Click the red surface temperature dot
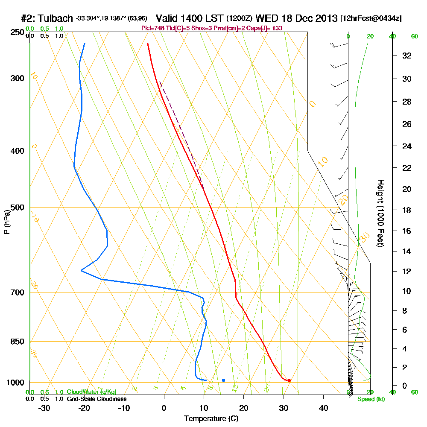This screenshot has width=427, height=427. click(289, 380)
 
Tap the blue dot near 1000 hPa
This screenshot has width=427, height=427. click(223, 380)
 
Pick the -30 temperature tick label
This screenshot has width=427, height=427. click(44, 408)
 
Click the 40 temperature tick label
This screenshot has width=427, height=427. click(323, 408)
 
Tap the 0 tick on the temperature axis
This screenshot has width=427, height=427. click(164, 408)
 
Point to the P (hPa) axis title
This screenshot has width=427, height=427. click(6, 222)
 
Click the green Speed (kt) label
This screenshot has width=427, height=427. click(371, 399)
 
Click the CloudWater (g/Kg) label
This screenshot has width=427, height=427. click(91, 392)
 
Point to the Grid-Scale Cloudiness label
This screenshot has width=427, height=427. click(96, 399)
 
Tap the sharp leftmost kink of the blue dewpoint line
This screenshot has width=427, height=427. click(81, 271)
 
